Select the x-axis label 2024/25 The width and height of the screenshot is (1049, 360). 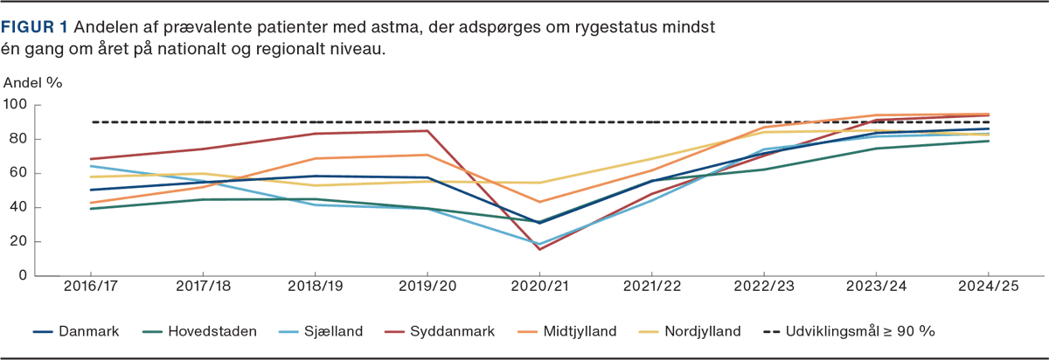[988, 286]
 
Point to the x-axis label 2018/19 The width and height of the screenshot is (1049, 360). [315, 286]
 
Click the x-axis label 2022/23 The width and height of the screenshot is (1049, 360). [763, 286]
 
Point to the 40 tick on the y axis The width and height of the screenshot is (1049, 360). [19, 207]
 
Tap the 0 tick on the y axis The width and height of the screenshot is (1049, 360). [24, 276]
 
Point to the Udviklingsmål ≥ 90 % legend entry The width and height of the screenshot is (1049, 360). [862, 331]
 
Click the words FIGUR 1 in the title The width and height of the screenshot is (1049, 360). [29, 28]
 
